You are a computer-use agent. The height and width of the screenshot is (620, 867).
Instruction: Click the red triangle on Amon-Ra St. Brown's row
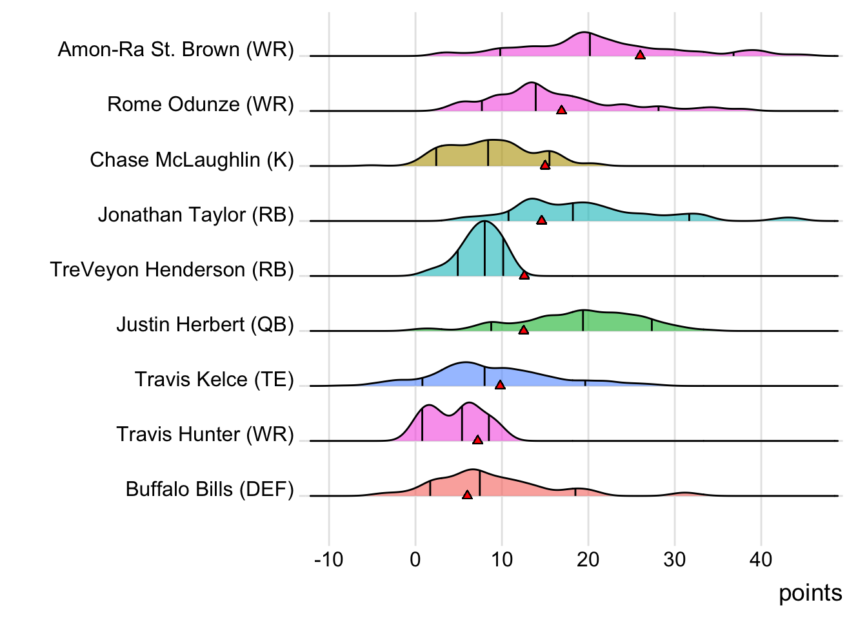point(640,55)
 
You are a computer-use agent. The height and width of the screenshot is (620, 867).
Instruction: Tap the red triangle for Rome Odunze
point(561,110)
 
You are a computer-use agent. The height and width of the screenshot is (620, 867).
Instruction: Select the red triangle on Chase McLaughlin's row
point(545,165)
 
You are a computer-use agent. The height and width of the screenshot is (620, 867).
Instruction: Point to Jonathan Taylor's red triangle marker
point(541,220)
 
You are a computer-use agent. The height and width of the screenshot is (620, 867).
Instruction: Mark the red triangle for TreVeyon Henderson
point(524,275)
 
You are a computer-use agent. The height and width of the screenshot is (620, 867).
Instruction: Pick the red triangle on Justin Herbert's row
point(523,330)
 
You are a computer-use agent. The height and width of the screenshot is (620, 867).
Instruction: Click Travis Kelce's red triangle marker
point(500,385)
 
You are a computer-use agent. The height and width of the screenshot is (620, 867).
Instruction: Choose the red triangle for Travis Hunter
point(477,440)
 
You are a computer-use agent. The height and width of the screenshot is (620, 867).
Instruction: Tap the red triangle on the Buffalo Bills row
point(467,495)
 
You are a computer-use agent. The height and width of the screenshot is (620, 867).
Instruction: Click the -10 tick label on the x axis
point(329,559)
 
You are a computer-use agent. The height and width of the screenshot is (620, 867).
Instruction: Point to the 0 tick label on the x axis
point(415,559)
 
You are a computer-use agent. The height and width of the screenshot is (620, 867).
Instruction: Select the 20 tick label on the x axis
point(588,559)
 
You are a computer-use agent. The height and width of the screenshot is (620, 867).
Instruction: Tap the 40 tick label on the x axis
point(761,559)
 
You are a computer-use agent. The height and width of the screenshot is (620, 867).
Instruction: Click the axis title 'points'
point(810,593)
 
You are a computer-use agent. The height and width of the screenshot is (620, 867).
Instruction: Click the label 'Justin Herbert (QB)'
point(205,324)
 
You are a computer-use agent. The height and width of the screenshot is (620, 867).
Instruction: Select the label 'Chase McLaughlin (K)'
point(192,160)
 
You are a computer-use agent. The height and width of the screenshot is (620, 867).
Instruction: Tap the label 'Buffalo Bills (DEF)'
point(210,489)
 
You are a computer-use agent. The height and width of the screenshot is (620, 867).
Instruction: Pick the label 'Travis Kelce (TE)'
point(214,379)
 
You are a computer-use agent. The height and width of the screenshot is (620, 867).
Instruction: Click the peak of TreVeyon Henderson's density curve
point(484,222)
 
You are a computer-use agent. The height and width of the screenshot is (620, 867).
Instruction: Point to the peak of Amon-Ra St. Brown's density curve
point(585,32)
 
